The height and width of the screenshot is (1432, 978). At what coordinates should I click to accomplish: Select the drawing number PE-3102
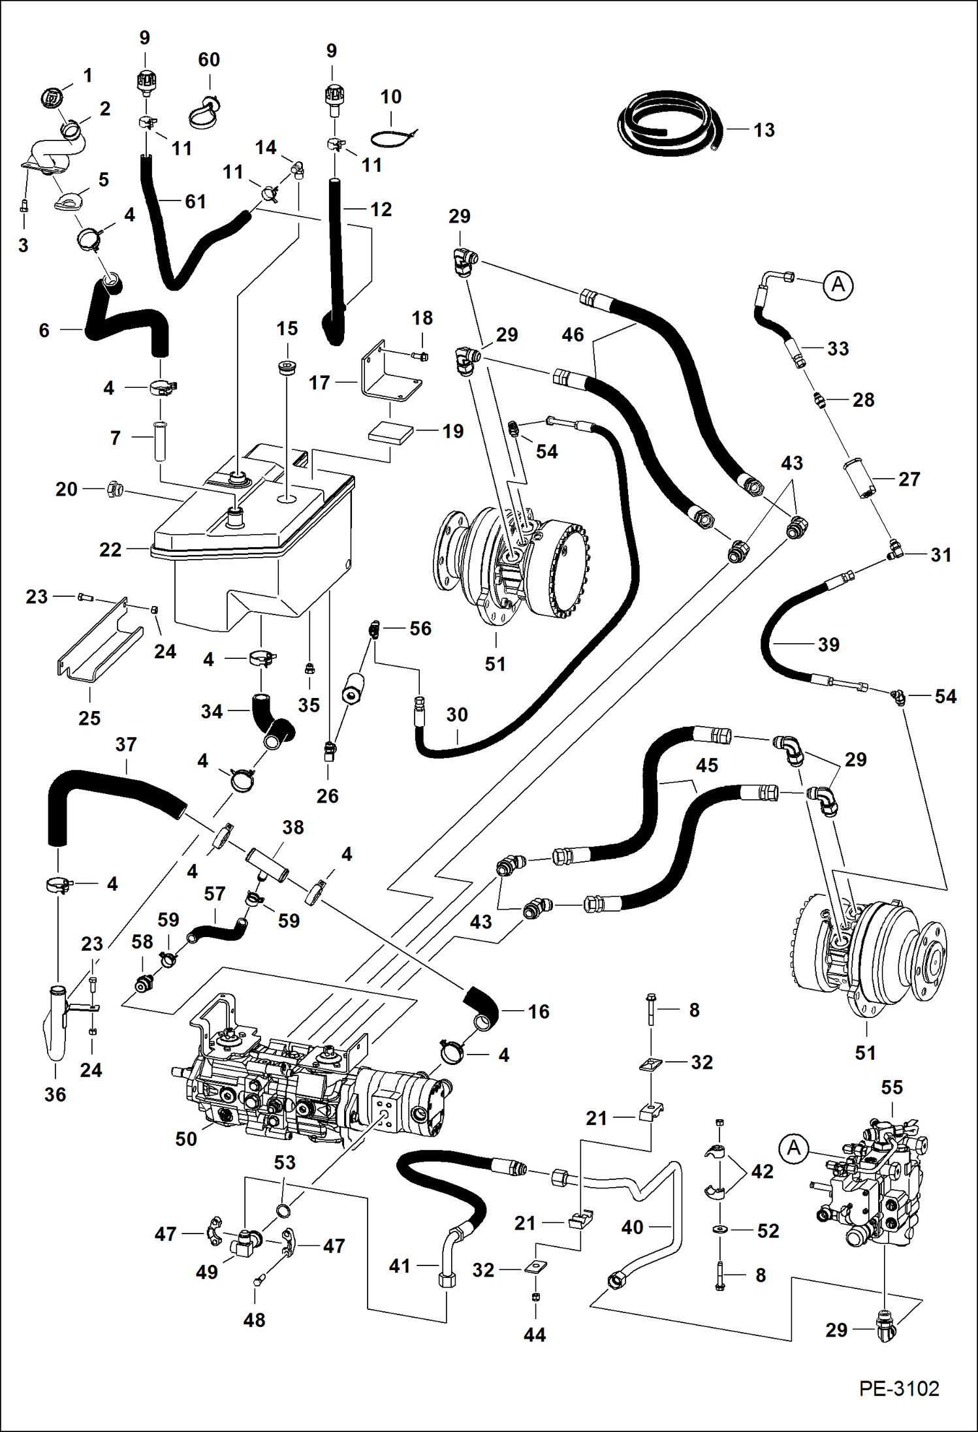tap(899, 1388)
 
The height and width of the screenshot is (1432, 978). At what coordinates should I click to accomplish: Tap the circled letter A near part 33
tap(838, 285)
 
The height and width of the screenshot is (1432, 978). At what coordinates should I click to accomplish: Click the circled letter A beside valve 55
tap(794, 1148)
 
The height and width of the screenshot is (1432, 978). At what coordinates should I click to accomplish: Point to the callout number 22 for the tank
tap(110, 550)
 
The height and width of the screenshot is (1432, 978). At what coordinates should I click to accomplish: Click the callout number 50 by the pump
tap(186, 1139)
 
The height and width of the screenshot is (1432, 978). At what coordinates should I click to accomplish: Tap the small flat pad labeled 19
tap(390, 432)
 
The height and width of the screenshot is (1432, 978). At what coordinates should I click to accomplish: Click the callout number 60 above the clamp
tap(209, 60)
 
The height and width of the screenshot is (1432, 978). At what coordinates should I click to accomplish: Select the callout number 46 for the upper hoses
tap(573, 335)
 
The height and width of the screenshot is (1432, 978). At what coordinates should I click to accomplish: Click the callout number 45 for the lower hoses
tap(706, 765)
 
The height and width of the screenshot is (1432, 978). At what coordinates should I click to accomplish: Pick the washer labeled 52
tap(721, 1230)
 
